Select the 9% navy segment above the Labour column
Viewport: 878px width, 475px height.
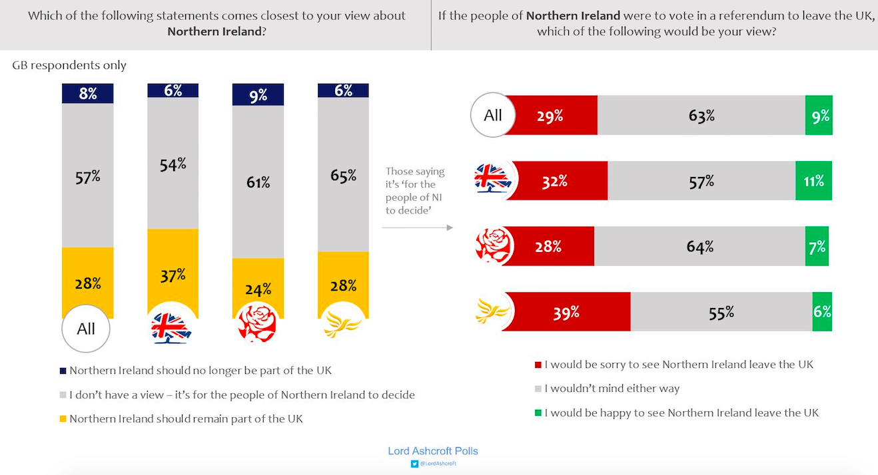tap(258, 95)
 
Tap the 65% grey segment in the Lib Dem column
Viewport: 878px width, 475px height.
tap(343, 175)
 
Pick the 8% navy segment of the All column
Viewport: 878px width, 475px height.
tap(88, 94)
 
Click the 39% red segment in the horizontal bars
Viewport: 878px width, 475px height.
tap(566, 311)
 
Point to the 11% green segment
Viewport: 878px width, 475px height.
tap(813, 181)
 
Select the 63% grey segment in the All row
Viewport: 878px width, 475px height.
tap(701, 116)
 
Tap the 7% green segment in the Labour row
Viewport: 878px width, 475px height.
tap(817, 247)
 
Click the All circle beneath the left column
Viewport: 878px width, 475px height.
tap(86, 328)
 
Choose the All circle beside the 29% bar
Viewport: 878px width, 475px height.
tap(493, 115)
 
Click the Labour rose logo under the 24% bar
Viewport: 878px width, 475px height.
tap(257, 323)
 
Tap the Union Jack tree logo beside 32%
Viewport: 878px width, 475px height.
tap(493, 180)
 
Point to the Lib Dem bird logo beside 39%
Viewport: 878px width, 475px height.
tap(493, 311)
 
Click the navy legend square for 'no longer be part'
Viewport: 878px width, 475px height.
tap(63, 371)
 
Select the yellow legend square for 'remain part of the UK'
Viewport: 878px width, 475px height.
tap(63, 419)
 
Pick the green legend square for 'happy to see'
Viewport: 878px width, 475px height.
tap(538, 413)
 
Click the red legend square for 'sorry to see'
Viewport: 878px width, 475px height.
tap(538, 365)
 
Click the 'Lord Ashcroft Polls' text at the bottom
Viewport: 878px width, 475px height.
tap(433, 451)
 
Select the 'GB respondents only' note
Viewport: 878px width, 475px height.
tap(69, 65)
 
